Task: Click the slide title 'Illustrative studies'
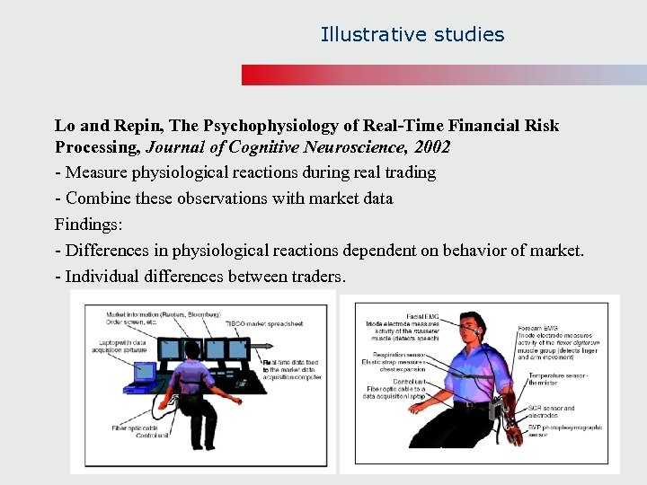click(x=412, y=35)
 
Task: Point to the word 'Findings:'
click(x=88, y=224)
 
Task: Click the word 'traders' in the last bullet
click(x=314, y=276)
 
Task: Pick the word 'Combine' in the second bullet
click(x=94, y=198)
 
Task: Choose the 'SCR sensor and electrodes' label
click(x=551, y=411)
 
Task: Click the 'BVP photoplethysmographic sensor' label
click(x=553, y=431)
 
